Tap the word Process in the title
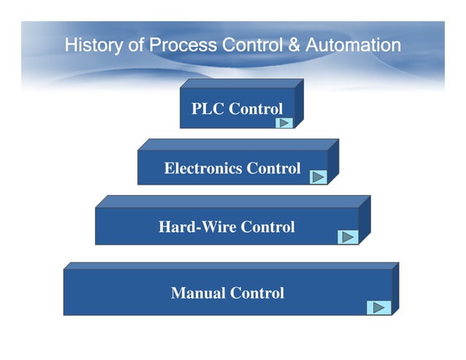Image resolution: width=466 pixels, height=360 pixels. tap(183, 45)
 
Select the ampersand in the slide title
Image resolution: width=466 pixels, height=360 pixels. tap(294, 45)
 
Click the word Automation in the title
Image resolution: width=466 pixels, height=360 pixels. tap(353, 45)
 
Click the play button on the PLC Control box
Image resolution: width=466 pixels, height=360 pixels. tap(285, 122)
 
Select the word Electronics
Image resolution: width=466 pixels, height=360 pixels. tap(203, 169)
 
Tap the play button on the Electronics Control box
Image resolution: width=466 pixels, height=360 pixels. tap(318, 177)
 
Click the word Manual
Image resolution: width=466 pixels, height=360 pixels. tap(198, 294)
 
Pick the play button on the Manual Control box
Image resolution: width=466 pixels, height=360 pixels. tap(378, 307)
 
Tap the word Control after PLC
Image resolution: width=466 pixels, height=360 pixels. tap(256, 110)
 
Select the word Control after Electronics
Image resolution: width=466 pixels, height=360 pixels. tap(273, 169)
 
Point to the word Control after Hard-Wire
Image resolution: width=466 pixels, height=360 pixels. tap(268, 227)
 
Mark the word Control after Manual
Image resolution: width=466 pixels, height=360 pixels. tap(257, 294)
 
